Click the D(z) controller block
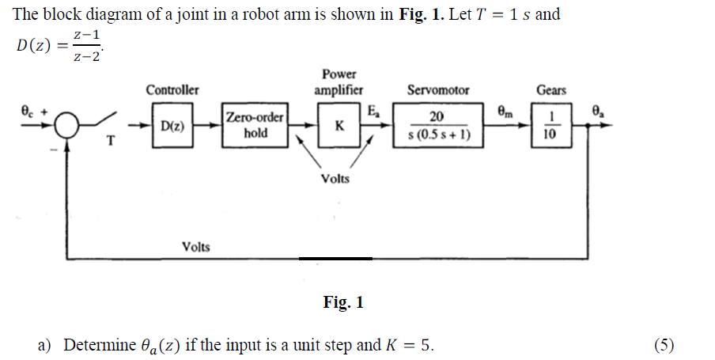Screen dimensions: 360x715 pyautogui.click(x=172, y=126)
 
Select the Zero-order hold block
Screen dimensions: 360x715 pyautogui.click(x=255, y=126)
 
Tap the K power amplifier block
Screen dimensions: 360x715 pyautogui.click(x=339, y=126)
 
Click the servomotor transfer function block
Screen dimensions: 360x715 pyautogui.click(x=438, y=126)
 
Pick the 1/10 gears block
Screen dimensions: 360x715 pyautogui.click(x=550, y=126)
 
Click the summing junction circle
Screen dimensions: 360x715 pyautogui.click(x=68, y=125)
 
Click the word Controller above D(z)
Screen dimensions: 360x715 pyautogui.click(x=172, y=90)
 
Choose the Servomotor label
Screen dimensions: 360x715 pyautogui.click(x=437, y=90)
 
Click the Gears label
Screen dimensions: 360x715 pyautogui.click(x=550, y=90)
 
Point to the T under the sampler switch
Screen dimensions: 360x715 pyautogui.click(x=111, y=142)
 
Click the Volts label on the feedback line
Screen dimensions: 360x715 pyautogui.click(x=196, y=247)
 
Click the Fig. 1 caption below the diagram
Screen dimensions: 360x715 pyautogui.click(x=343, y=302)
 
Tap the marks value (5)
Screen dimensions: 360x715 pyautogui.click(x=664, y=345)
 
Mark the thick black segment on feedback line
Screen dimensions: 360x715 pyautogui.click(x=335, y=258)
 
